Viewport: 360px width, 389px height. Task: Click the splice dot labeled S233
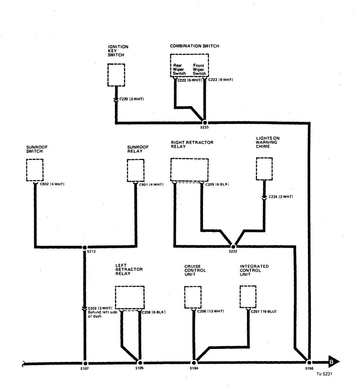205,123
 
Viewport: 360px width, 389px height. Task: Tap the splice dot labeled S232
233,246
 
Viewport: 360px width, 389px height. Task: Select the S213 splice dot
85,247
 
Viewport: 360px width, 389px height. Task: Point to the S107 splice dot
85,363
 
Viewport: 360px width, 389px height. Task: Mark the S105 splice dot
140,363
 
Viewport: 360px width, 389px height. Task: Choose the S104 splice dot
194,363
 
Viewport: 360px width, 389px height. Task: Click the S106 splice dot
309,363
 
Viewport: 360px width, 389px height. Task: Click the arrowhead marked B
334,362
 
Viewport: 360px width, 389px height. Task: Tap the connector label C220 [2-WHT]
131,99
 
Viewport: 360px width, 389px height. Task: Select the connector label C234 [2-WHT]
281,197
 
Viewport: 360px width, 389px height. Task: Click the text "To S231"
324,374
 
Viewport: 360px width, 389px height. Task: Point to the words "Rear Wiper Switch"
179,69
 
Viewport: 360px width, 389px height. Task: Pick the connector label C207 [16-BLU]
263,311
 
